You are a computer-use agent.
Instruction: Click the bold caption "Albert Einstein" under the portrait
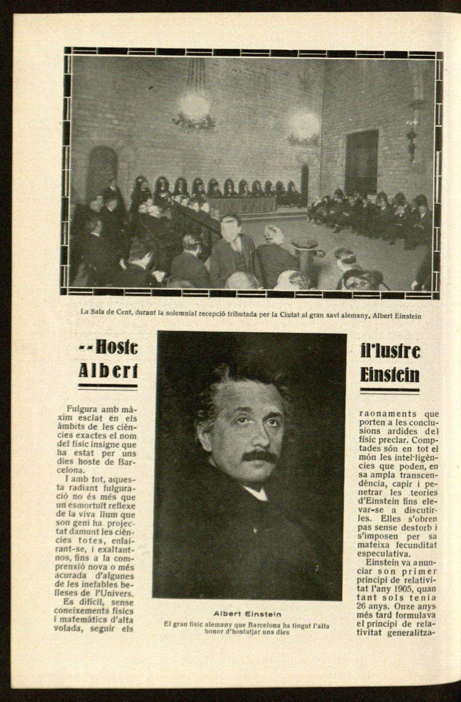(x=248, y=614)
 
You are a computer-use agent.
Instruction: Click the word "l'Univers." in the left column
(x=116, y=593)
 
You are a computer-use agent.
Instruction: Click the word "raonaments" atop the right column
(x=381, y=414)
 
